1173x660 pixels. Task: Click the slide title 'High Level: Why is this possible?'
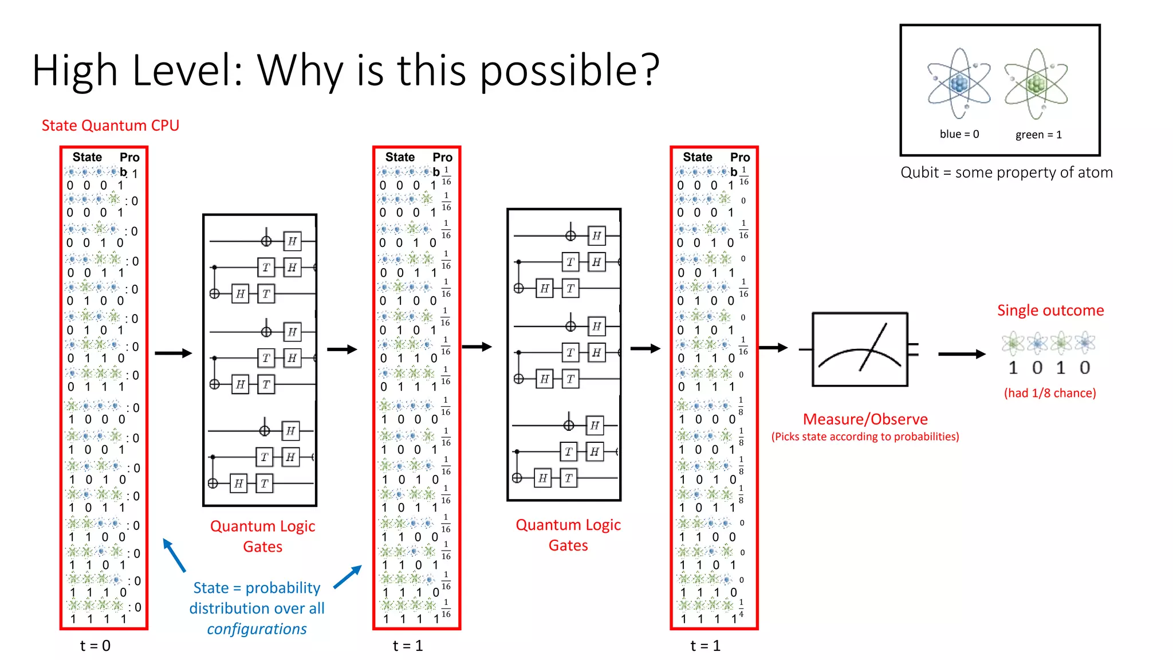pos(346,70)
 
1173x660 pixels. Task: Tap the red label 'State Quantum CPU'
pos(111,125)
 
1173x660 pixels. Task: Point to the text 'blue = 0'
pos(959,134)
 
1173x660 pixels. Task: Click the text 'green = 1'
pos(1038,135)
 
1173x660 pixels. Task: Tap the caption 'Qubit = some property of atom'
pos(1006,172)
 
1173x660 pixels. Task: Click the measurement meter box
pos(860,349)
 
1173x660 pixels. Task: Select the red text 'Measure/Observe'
pos(865,419)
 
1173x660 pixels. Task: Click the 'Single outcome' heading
pos(1050,311)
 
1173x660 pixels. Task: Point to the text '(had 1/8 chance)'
pos(1050,393)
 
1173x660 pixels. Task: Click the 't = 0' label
pos(95,646)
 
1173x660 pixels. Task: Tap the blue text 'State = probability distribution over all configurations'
pos(257,608)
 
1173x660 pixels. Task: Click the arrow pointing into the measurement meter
pos(773,347)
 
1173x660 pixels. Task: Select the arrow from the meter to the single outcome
pos(962,354)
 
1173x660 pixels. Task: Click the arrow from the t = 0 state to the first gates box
pos(173,353)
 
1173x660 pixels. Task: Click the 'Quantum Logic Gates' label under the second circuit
pos(568,535)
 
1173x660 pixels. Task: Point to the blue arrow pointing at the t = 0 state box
pos(174,555)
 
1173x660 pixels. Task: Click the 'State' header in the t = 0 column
pos(87,157)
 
